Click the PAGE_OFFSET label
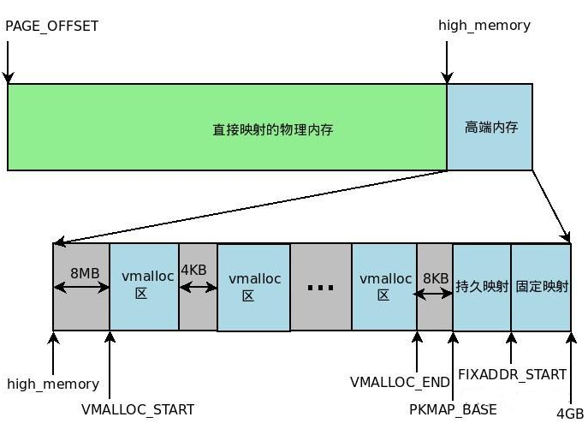click(52, 26)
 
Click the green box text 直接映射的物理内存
click(272, 129)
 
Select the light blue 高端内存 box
click(490, 127)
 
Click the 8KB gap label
click(435, 278)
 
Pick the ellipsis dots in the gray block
click(320, 288)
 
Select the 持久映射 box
click(482, 286)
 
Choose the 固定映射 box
click(541, 286)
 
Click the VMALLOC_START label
click(138, 409)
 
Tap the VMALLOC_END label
click(399, 380)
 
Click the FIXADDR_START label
click(512, 374)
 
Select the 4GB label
click(569, 413)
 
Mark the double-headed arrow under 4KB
click(198, 288)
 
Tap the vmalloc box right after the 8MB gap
click(143, 286)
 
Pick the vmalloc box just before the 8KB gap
click(383, 286)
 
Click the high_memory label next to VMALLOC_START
click(53, 384)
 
